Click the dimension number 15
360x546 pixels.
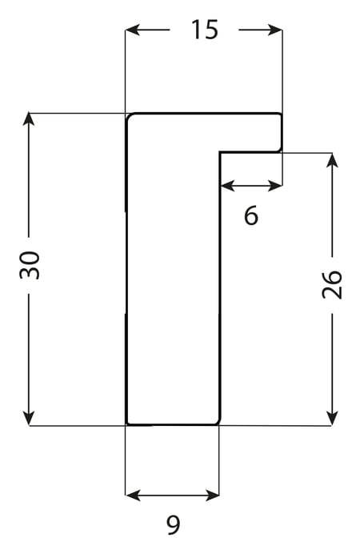click(205, 30)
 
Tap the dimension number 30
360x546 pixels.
click(30, 265)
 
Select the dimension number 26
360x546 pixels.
click(332, 284)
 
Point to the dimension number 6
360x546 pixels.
click(251, 215)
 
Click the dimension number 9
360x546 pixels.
click(173, 525)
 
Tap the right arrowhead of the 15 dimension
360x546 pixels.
click(274, 30)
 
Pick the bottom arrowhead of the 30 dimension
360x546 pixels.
click(29, 418)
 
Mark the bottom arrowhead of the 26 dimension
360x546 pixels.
click(333, 418)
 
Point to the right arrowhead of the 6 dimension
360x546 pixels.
click(274, 187)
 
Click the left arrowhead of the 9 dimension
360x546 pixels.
click(133, 495)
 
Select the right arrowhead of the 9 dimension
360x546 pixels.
click(212, 495)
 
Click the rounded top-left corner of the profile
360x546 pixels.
click(129, 116)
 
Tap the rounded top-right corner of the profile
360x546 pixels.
click(280, 115)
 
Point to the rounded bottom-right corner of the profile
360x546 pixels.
click(218, 423)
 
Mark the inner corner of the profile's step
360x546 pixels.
click(220, 152)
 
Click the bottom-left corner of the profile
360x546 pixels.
click(127, 424)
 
